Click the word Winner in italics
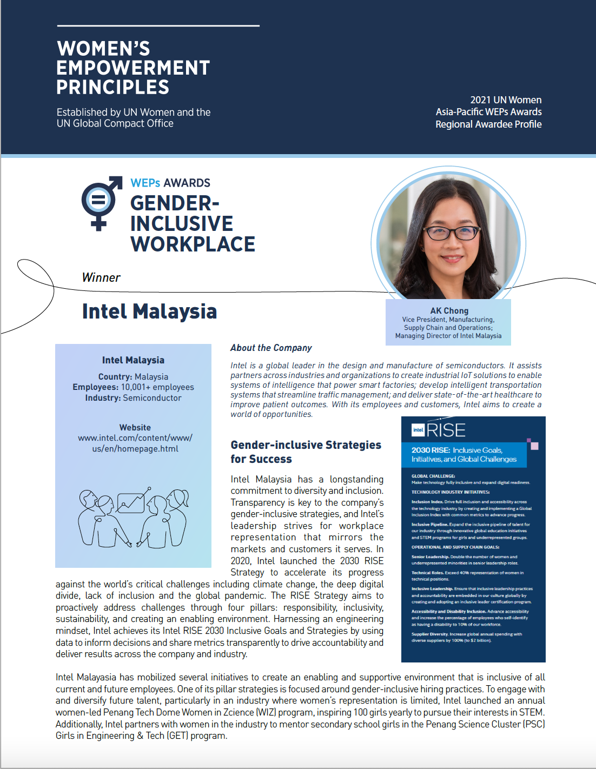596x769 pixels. (x=101, y=277)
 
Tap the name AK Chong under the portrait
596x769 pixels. (x=449, y=311)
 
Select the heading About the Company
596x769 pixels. (x=271, y=348)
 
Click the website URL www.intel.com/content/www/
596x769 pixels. (x=135, y=438)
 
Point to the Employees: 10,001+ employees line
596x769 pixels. (x=133, y=387)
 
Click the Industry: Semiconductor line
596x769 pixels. (x=133, y=398)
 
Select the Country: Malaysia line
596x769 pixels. (x=133, y=377)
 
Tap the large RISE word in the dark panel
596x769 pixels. (x=446, y=430)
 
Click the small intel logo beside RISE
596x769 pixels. (x=418, y=430)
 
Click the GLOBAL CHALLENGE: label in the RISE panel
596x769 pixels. (x=433, y=476)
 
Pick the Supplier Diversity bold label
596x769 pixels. (x=430, y=634)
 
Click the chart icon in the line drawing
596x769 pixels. (x=131, y=502)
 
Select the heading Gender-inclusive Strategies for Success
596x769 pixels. (x=306, y=452)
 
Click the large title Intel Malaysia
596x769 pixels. (x=149, y=311)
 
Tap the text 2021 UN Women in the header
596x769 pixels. (x=506, y=100)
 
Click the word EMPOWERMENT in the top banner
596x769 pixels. (x=133, y=68)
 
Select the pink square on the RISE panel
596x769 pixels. (x=534, y=446)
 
